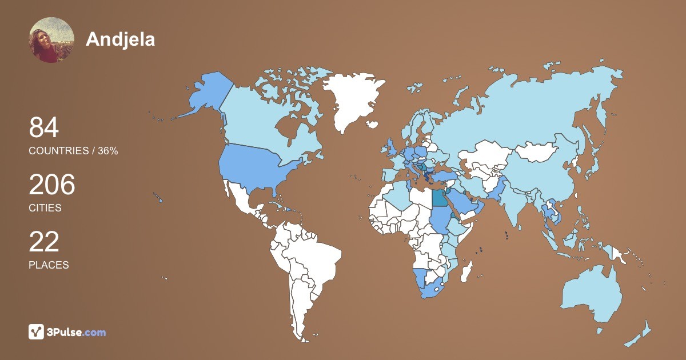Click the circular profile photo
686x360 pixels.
coord(51,39)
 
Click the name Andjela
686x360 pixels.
coord(121,39)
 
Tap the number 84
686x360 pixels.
coord(44,127)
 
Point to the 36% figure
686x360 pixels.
coord(107,151)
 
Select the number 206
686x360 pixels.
coord(52,185)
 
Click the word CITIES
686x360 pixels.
coord(45,208)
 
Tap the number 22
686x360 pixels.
coord(44,242)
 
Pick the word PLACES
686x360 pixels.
coord(49,265)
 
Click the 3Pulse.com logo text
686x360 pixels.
coord(77,332)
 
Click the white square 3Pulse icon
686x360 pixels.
coord(37,331)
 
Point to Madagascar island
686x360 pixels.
coord(468,272)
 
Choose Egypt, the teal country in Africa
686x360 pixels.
coord(440,197)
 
